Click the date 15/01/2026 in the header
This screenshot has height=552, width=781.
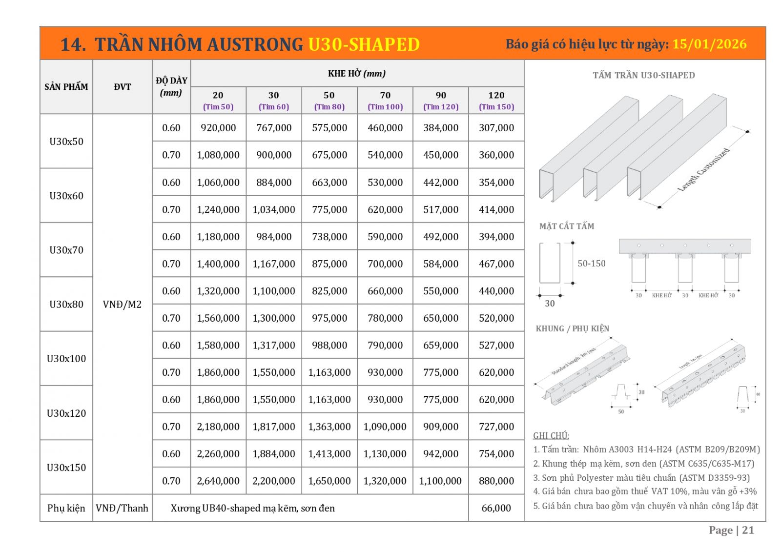pos(709,44)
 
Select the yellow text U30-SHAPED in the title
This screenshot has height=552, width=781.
pos(364,44)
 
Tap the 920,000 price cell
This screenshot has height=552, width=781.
pos(218,128)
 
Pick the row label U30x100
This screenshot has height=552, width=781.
pos(66,359)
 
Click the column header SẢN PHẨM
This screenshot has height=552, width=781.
pos(66,87)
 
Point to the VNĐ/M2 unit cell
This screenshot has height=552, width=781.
pos(122,305)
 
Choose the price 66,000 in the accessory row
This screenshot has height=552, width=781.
pos(496,508)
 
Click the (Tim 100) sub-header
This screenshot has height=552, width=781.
pos(385,107)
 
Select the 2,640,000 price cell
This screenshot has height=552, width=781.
pos(218,481)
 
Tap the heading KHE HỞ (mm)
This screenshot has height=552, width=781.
pos(357,74)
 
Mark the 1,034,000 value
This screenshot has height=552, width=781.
pos(274,210)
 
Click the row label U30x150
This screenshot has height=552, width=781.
pos(66,468)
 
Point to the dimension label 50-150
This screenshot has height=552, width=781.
pos(591,264)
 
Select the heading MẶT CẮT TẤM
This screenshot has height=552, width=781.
pos(567,226)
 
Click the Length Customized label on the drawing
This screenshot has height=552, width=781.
pos(703,169)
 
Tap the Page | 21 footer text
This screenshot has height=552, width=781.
pos(731,531)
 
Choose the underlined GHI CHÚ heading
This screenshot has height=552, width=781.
pos(551,435)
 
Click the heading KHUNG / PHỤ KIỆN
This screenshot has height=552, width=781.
pos(573,328)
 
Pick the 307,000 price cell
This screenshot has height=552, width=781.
pos(496,128)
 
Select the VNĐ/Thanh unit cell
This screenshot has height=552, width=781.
pos(122,508)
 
